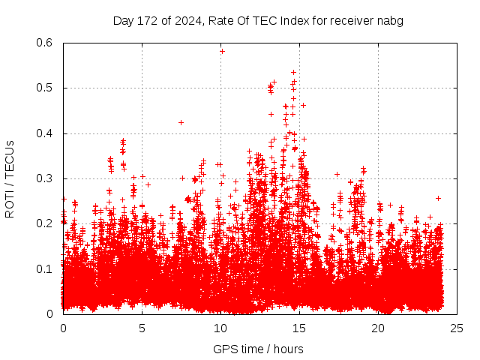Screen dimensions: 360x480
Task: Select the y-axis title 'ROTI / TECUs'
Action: (10, 178)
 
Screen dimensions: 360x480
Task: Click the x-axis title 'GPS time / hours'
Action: (258, 349)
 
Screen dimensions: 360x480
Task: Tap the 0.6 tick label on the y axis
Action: (46, 43)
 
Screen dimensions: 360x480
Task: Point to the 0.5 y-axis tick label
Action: (46, 88)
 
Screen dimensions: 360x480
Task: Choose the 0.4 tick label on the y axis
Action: (46, 133)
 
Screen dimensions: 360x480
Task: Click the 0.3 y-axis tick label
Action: (46, 178)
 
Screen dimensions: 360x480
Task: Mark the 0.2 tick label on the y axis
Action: (46, 223)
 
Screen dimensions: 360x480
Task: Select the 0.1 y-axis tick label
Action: (46, 268)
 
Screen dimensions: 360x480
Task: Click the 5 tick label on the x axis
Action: (142, 328)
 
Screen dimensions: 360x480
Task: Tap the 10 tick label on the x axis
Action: (220, 328)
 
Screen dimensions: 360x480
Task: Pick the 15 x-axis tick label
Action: (299, 328)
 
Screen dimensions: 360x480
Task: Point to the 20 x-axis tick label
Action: (378, 328)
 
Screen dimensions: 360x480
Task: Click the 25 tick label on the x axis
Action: (457, 328)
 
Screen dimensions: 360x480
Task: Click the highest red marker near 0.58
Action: (222, 51)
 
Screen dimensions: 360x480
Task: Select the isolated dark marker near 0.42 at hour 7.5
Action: (181, 122)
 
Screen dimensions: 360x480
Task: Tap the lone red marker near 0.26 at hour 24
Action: (438, 198)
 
